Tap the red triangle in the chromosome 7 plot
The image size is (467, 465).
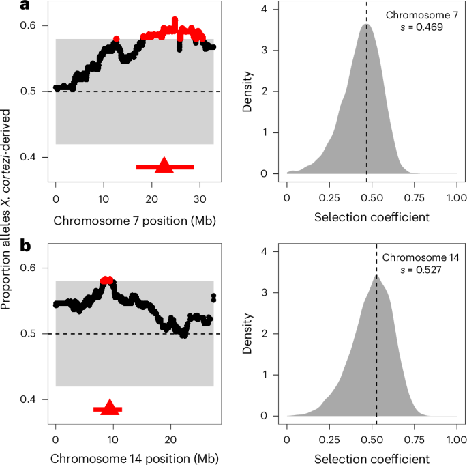tap(164, 165)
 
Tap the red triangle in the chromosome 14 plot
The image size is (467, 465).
tap(108, 407)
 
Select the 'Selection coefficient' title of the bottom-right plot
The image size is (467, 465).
tap(372, 458)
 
